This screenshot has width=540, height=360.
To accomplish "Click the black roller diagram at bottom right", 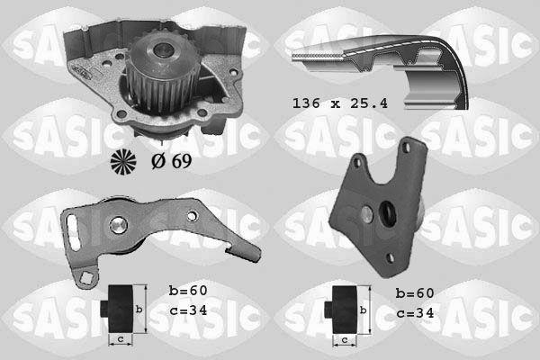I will (x=342, y=309).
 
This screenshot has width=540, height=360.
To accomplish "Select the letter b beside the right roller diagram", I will (x=363, y=309).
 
